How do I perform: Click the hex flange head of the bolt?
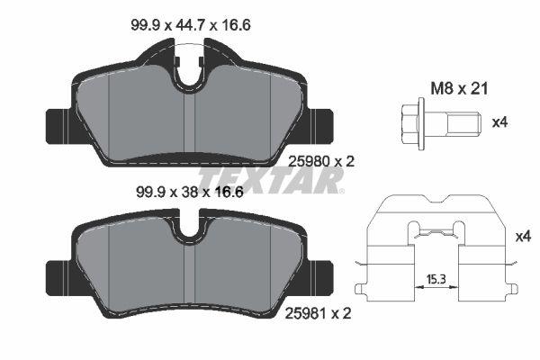click(x=411, y=121)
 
